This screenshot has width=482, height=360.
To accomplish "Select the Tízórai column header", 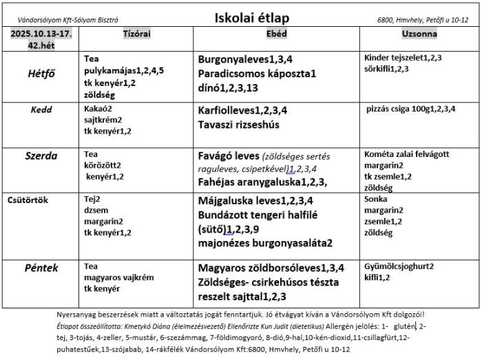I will pyautogui.click(x=136, y=34).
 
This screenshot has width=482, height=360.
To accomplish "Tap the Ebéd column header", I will pyautogui.click(x=276, y=34).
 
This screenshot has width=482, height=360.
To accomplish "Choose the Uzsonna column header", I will pyautogui.click(x=419, y=34).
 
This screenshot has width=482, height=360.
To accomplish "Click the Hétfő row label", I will pyautogui.click(x=41, y=74).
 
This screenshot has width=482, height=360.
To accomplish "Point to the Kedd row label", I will pyautogui.click(x=41, y=109).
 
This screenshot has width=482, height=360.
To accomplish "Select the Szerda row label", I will pyautogui.click(x=41, y=156).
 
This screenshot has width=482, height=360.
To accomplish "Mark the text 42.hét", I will pyautogui.click(x=41, y=45).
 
